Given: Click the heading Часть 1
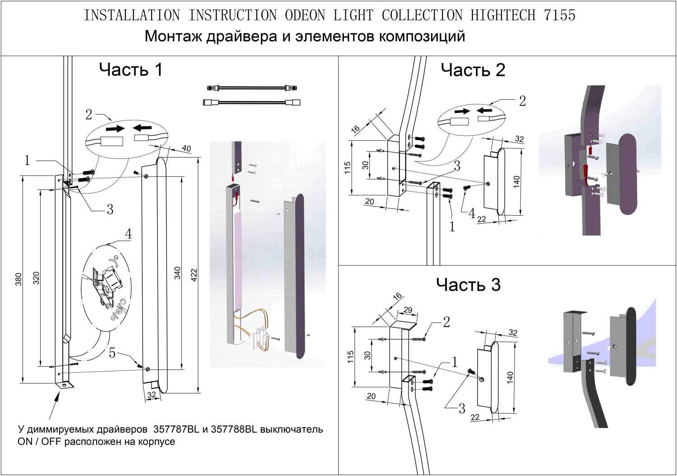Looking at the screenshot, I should [x=130, y=70].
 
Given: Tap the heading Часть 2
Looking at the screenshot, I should [x=473, y=70].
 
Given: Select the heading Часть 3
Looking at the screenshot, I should [x=468, y=285].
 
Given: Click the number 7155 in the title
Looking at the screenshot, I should [x=560, y=15].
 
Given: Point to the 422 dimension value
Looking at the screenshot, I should [x=194, y=275].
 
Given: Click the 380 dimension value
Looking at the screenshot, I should [x=19, y=279].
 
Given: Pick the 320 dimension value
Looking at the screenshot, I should [x=37, y=278].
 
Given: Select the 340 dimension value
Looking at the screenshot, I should [x=177, y=273].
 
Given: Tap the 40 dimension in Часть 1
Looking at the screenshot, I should [x=186, y=148].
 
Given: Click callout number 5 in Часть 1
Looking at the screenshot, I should [x=112, y=353].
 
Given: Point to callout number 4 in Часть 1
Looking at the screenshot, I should [x=128, y=234].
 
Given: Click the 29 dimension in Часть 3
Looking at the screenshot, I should [x=408, y=310].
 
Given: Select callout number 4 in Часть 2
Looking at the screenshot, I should [x=472, y=213].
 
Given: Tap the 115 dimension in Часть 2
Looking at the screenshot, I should [x=348, y=168].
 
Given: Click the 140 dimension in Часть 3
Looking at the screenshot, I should [x=510, y=377].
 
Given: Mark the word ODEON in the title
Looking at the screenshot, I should [x=305, y=15].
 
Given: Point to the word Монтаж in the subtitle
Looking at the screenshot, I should [x=173, y=36].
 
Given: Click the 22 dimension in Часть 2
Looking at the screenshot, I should [x=482, y=219].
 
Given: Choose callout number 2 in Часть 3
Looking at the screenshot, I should [x=446, y=322].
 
